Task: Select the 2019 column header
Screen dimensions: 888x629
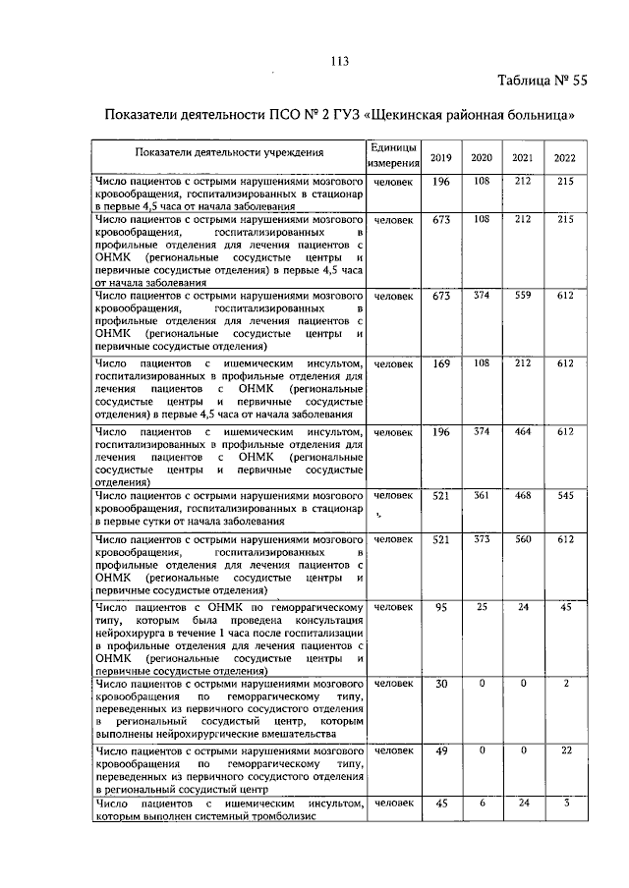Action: [441, 158]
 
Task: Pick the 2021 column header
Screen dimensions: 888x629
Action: [523, 158]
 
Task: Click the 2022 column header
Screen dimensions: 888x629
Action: [564, 158]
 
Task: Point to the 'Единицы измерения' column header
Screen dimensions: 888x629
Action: [395, 155]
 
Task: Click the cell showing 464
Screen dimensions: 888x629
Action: [523, 432]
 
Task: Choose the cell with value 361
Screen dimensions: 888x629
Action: [482, 497]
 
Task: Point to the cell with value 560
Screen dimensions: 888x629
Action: [523, 539]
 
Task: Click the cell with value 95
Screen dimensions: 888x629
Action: [441, 608]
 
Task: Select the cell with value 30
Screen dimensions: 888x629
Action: [441, 683]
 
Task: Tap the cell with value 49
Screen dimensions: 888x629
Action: [441, 751]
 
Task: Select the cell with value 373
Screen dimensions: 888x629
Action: [482, 539]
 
